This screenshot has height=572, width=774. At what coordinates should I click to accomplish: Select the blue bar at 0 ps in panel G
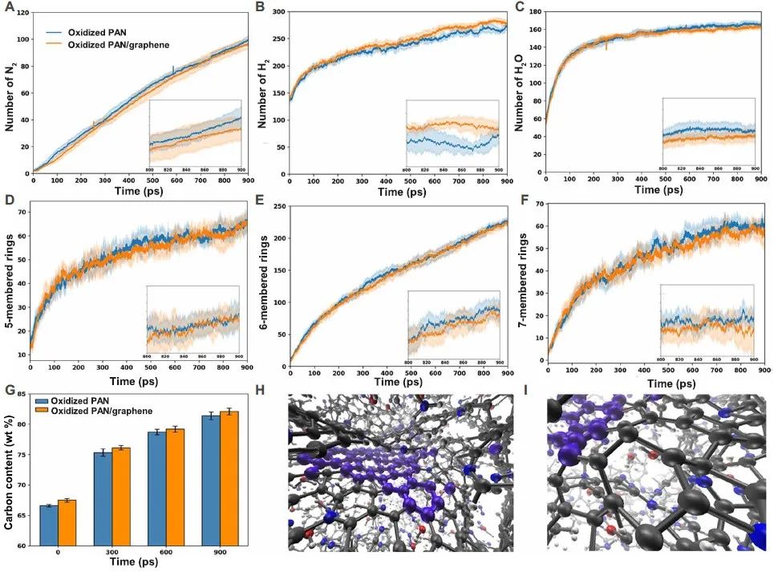pos(49,525)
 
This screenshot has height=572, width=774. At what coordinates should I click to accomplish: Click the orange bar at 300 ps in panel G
pos(121,496)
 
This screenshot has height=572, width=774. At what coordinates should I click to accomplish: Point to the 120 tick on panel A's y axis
pos(20,14)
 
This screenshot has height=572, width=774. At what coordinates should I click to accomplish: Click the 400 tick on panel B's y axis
pos(278,13)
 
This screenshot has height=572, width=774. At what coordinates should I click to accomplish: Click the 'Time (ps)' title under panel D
pos(135,381)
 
